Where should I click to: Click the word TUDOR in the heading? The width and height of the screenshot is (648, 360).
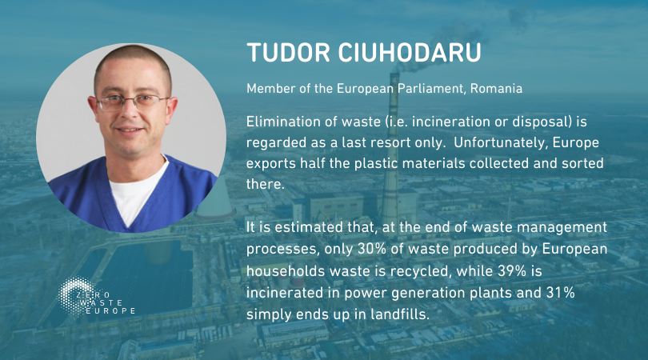pyautogui.click(x=289, y=53)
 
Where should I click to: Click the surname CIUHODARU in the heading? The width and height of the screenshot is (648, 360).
pyautogui.click(x=410, y=53)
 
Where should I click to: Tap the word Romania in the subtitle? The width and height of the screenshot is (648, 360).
pyautogui.click(x=496, y=89)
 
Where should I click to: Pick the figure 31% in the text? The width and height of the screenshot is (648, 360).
pyautogui.click(x=561, y=293)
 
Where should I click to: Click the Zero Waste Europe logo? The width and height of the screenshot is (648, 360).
pyautogui.click(x=96, y=297)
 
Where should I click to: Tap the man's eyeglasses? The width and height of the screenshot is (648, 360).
pyautogui.click(x=131, y=102)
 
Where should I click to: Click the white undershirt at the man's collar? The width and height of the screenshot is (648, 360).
pyautogui.click(x=135, y=191)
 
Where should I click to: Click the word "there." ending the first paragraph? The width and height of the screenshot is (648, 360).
pyautogui.click(x=266, y=184)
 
